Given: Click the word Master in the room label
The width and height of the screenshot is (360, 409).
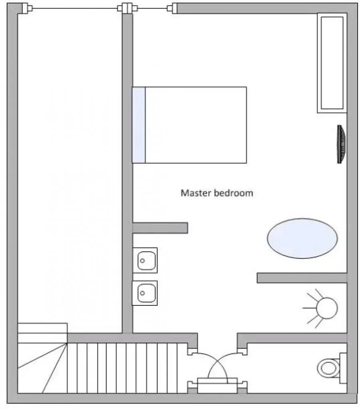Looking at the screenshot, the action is (x=196, y=193).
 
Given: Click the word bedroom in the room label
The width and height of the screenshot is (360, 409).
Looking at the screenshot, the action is (x=234, y=193).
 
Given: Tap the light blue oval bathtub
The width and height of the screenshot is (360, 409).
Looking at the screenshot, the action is (x=302, y=239).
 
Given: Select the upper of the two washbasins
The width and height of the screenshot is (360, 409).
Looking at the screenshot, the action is (x=145, y=260).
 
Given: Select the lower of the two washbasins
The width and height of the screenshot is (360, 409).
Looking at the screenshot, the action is (x=145, y=293).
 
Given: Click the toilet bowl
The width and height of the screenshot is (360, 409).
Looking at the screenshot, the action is (x=328, y=368).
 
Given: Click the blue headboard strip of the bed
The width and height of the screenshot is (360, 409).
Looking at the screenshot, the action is (x=139, y=125).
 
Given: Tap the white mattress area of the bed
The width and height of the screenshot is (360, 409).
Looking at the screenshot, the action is (x=196, y=125).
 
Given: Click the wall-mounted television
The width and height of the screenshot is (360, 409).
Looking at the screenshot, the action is (x=341, y=144).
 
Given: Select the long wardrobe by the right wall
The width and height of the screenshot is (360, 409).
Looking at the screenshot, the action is (x=332, y=63).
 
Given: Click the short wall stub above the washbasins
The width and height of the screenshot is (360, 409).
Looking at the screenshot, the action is (x=160, y=228).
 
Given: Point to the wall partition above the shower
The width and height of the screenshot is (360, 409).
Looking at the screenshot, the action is (x=302, y=278).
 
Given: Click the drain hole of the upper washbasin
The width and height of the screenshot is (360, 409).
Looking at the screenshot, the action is (x=142, y=261).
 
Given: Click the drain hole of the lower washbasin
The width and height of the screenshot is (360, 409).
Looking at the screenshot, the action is (x=142, y=293).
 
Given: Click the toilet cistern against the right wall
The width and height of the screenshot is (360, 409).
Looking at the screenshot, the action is (x=343, y=368).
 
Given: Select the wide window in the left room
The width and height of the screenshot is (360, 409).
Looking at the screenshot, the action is (x=75, y=9).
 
